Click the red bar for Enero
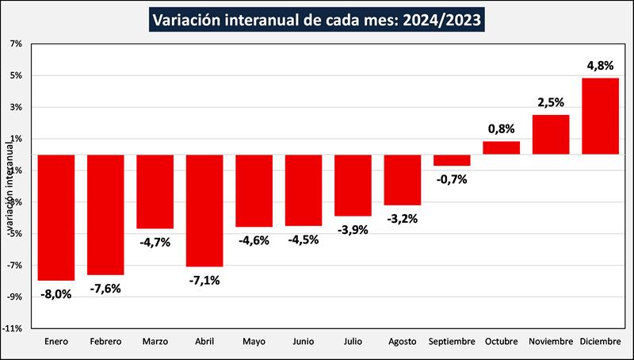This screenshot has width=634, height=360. pos(56,217)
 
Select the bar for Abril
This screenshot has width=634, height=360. pos(204,210)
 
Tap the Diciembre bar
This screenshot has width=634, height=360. pos(600,116)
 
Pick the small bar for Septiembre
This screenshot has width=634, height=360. pos(452,160)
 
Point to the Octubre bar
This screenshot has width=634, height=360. pos(501,148)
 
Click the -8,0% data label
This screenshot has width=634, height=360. pos(56,294)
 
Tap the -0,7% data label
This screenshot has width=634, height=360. pos(452,179)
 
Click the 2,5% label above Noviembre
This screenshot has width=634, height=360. pos(551,102)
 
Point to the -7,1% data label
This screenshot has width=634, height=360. pos(204,280)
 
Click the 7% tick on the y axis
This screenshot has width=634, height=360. pos(17,44)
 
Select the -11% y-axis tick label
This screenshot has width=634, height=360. pos(13,328)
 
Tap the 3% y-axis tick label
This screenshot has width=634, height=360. pos(17,107)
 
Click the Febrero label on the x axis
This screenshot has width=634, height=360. pos(105,342)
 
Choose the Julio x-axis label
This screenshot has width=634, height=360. pos(353,342)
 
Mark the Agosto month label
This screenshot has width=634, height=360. pos(403,342)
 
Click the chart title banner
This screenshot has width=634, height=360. pos(316,18)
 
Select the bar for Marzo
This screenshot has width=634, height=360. pos(155,191)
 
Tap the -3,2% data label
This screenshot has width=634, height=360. pos(403,219)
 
